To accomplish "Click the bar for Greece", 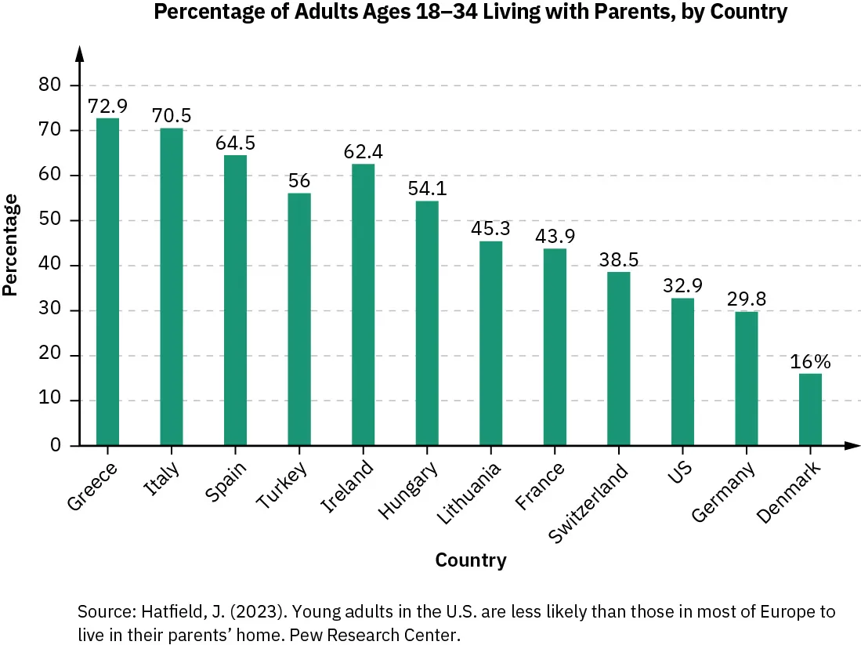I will click(107, 282).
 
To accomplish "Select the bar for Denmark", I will click(810, 409).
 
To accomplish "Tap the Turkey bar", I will click(299, 319).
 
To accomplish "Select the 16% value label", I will click(810, 362).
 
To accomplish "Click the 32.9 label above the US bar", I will click(682, 286).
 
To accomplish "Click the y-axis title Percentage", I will click(11, 245).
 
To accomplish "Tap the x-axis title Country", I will click(470, 560).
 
